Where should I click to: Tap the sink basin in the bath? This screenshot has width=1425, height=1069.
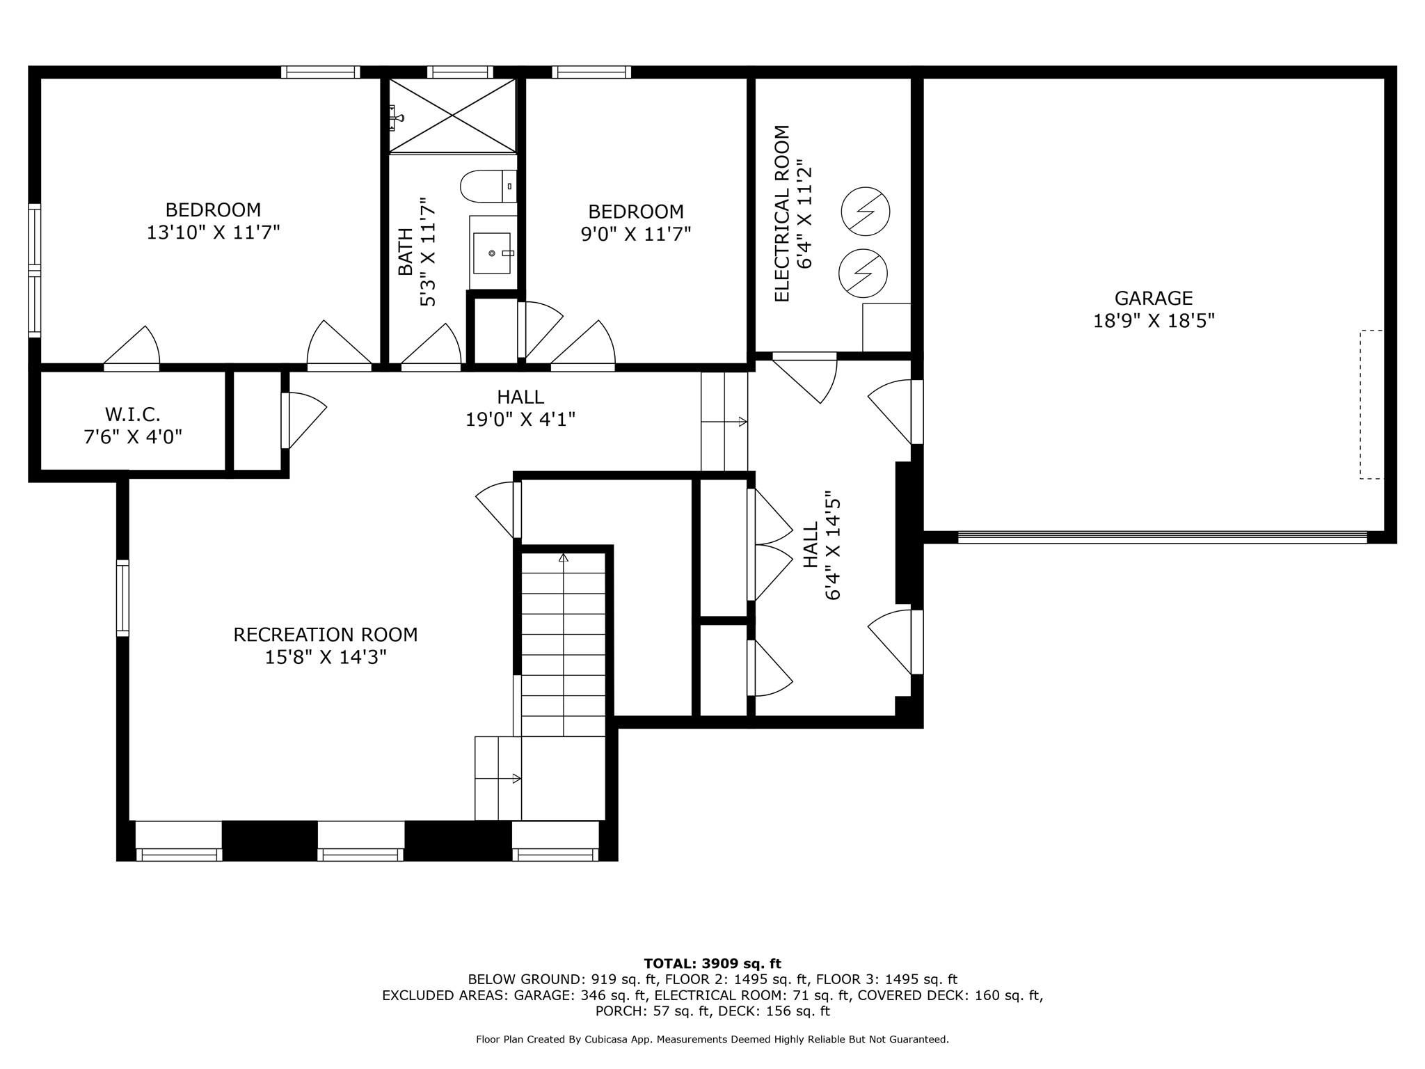tap(492, 253)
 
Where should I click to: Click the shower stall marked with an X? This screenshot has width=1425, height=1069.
tap(452, 115)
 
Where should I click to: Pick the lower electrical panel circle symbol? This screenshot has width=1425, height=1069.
tap(863, 273)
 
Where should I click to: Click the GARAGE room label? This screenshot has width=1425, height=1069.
tap(1154, 298)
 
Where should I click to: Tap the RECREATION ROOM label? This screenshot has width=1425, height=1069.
tap(326, 635)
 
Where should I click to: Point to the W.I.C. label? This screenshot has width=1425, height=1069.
tap(133, 415)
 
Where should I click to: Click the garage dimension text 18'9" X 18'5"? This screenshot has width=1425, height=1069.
tap(1154, 321)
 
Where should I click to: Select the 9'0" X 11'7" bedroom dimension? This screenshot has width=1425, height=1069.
tap(636, 234)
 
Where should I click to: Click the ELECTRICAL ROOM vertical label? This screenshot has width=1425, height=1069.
tap(782, 214)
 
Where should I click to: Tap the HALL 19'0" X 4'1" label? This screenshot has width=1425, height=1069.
tap(520, 408)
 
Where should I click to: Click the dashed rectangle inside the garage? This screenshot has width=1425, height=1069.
tap(1371, 404)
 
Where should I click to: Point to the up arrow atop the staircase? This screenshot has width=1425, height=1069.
tap(564, 557)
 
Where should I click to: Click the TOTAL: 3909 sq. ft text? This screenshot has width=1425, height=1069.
tap(712, 963)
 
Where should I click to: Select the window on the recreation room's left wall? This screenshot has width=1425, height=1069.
tap(122, 598)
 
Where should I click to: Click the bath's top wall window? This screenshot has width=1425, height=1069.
tap(460, 72)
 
